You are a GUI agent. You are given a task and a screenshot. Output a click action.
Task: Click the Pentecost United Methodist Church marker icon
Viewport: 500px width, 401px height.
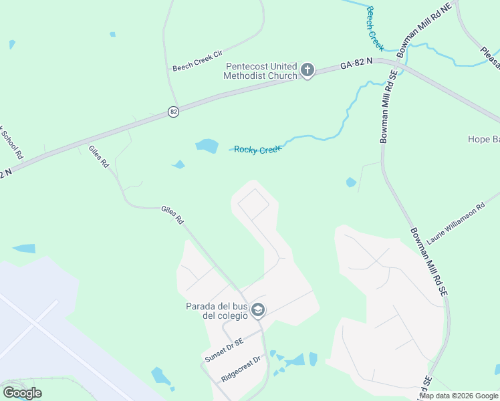tap(307, 70)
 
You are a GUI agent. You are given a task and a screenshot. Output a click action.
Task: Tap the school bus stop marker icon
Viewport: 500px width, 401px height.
tap(259, 310)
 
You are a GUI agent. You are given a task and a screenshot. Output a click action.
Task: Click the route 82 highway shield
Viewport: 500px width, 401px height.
tap(174, 112)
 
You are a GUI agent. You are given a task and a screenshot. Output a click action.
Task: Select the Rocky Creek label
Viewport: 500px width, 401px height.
tap(257, 149)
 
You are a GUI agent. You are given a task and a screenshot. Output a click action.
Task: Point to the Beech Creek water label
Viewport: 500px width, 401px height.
tap(375, 28)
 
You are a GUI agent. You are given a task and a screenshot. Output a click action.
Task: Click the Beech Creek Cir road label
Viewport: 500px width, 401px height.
tap(197, 59)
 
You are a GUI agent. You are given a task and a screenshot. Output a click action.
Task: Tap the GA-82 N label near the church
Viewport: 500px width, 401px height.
tap(356, 65)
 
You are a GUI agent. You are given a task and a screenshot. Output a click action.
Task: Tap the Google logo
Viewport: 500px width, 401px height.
tap(22, 393)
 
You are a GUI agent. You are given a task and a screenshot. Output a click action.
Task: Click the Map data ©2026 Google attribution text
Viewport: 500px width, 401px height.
tap(459, 396)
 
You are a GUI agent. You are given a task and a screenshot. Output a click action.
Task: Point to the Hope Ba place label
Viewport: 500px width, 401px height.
tap(483, 140)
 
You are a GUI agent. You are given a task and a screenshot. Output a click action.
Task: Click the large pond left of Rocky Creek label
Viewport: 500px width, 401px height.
tap(207, 146)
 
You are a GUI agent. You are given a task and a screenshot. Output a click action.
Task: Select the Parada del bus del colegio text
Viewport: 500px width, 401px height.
tap(216, 311)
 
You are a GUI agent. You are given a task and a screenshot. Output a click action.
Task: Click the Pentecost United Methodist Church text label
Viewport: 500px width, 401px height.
tap(261, 71)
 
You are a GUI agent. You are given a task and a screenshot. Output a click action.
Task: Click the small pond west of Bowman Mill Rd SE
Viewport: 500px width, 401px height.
tap(351, 182)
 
